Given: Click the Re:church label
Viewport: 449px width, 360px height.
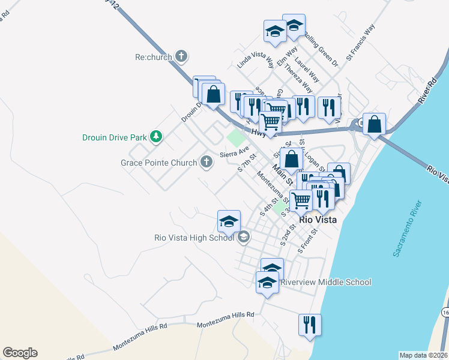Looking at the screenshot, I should coord(154,58).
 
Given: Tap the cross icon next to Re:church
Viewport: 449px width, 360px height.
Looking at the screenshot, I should coord(181,58).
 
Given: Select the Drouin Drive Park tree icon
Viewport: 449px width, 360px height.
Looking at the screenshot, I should coord(156,137).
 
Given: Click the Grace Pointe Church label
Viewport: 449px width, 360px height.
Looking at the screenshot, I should coord(158,163).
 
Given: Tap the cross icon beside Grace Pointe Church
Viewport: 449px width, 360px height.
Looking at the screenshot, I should coord(206,162).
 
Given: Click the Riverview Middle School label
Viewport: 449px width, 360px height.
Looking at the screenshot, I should coord(325,282).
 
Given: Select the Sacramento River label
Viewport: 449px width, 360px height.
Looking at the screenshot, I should coord(408,229).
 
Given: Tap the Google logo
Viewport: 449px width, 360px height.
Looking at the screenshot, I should coord(20,353).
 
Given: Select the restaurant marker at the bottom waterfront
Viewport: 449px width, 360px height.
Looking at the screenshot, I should coord(310,325).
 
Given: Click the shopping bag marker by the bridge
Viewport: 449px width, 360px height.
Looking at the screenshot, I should coord(374,124).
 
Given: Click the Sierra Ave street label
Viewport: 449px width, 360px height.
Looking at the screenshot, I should coord(234,154).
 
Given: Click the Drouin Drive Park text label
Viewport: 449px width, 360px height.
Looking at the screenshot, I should coord(115,137).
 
